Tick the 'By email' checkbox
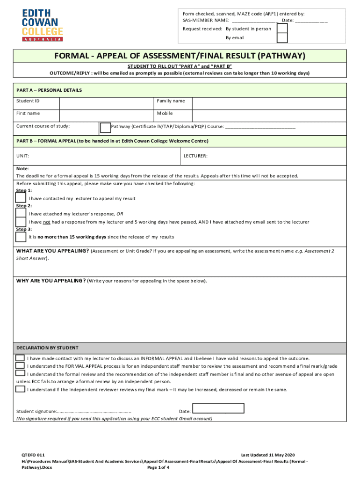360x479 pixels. [x=282, y=38]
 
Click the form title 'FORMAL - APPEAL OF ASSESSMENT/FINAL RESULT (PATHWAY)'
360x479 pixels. [x=180, y=56]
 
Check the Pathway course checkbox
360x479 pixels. [x=106, y=127]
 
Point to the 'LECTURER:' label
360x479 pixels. [x=195, y=156]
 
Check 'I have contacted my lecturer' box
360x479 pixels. [x=21, y=198]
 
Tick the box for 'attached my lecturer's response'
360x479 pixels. [x=21, y=213]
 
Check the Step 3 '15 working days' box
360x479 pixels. [x=21, y=237]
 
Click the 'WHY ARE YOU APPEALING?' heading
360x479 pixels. [x=51, y=281]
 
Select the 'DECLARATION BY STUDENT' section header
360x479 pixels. [x=47, y=348]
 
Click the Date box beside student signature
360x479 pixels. [x=218, y=408]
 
